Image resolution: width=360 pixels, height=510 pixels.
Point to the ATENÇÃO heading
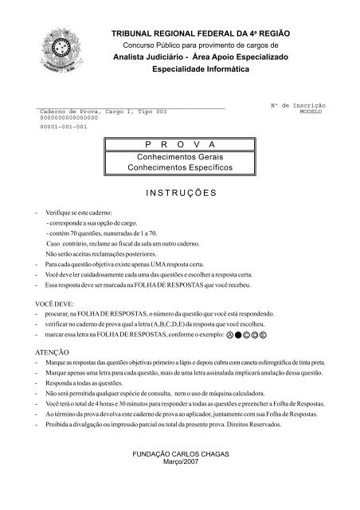coord(52,351)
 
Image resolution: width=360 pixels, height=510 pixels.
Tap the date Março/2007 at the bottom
coord(178,463)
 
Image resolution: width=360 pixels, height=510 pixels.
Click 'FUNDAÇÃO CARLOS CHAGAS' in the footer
coord(178,454)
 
